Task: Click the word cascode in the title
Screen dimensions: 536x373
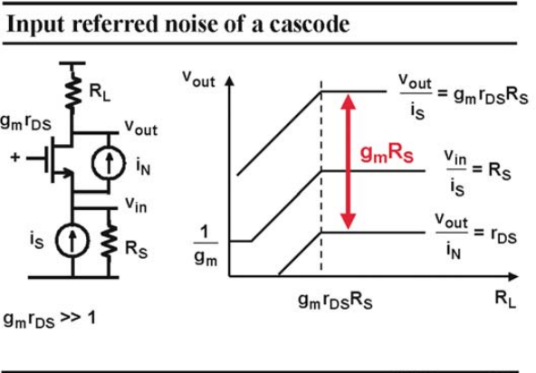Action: [310, 24]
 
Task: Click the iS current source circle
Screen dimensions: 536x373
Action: [72, 240]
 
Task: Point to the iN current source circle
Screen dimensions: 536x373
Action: [109, 163]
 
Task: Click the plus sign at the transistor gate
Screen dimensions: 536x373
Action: [15, 158]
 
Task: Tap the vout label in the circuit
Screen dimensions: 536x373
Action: [141, 128]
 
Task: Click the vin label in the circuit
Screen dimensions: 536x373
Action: [136, 205]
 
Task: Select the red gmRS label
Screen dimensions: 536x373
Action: [387, 154]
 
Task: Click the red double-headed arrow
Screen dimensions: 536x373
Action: [349, 162]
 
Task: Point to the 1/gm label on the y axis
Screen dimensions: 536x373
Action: [206, 246]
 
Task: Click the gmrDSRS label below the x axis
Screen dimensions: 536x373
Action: [335, 301]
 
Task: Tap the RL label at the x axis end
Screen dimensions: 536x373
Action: [505, 299]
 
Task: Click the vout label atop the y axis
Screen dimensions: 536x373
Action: [198, 79]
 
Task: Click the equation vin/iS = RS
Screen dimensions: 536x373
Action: [477, 173]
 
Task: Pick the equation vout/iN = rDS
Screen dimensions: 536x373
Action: [476, 236]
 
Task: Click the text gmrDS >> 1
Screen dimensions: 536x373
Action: [50, 320]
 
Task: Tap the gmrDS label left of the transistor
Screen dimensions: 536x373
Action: [25, 122]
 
